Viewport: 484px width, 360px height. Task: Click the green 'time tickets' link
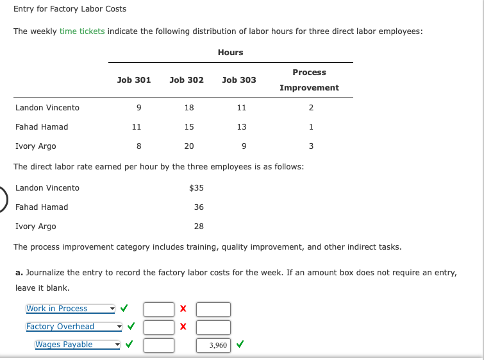click(x=82, y=31)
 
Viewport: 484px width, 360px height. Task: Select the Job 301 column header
click(x=134, y=80)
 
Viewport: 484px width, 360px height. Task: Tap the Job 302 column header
click(x=187, y=80)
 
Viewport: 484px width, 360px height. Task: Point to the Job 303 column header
click(x=239, y=80)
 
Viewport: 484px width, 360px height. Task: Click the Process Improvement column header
click(x=309, y=80)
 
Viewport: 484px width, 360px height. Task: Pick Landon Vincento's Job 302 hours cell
click(x=189, y=108)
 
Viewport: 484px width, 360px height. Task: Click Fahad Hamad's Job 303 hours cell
click(x=242, y=127)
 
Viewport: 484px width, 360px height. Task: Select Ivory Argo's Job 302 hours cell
click(x=189, y=146)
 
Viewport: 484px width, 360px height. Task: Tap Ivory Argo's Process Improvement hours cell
click(x=311, y=146)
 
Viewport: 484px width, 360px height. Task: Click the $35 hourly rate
click(x=197, y=188)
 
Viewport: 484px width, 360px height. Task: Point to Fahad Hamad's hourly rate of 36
click(x=199, y=207)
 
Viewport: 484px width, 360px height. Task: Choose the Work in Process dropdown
click(x=71, y=309)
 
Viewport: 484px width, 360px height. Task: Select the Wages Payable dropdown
click(x=78, y=345)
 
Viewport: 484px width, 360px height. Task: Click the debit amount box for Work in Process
click(x=159, y=309)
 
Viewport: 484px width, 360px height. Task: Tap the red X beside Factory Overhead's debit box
click(x=183, y=327)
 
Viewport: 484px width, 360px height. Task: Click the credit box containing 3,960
click(x=213, y=345)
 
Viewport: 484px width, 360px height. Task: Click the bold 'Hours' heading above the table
click(x=230, y=52)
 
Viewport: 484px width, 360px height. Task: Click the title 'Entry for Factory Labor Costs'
click(x=70, y=9)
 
